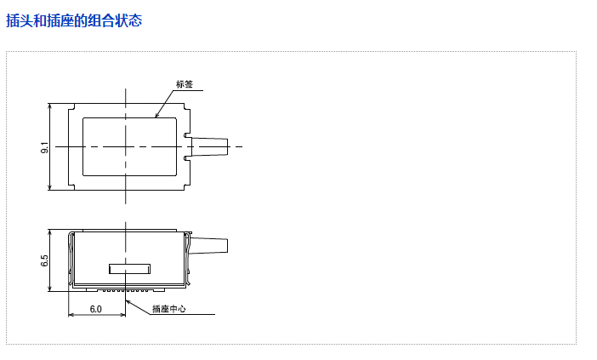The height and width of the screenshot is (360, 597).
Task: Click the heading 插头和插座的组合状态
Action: click(74, 20)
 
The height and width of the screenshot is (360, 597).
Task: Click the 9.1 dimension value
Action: click(44, 147)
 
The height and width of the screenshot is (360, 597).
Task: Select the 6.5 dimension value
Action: click(44, 260)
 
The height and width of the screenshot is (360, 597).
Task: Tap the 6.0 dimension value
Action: click(95, 309)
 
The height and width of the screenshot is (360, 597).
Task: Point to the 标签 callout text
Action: click(185, 84)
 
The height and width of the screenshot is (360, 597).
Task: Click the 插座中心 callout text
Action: click(169, 309)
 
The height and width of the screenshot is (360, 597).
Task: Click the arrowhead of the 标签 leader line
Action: click(156, 115)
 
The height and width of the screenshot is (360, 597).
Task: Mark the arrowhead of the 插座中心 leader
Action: click(128, 302)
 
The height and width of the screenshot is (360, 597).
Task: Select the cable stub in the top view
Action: click(209, 146)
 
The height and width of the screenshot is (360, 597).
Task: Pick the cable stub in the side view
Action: click(209, 246)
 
